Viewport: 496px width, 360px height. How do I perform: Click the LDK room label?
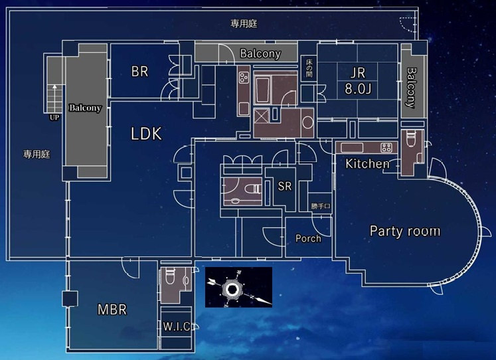click(x=146, y=134)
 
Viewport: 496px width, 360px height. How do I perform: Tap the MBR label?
click(x=112, y=310)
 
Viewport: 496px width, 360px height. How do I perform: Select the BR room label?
click(x=139, y=72)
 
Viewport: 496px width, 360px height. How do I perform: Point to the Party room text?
click(x=404, y=231)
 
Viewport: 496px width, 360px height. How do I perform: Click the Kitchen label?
click(x=367, y=163)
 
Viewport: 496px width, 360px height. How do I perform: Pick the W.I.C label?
click(x=177, y=326)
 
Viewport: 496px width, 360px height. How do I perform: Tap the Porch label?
click(x=308, y=238)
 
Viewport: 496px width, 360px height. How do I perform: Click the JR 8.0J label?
click(x=357, y=80)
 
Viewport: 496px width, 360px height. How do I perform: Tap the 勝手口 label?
click(x=320, y=207)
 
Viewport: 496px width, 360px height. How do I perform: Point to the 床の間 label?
click(x=308, y=68)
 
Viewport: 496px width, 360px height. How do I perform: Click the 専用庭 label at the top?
click(x=244, y=23)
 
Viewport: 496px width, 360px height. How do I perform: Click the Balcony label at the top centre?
click(x=260, y=54)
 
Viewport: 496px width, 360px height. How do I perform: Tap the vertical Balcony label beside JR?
click(x=411, y=88)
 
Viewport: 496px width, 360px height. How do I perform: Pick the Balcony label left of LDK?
click(x=86, y=108)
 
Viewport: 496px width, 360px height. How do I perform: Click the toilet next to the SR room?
click(x=252, y=190)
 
